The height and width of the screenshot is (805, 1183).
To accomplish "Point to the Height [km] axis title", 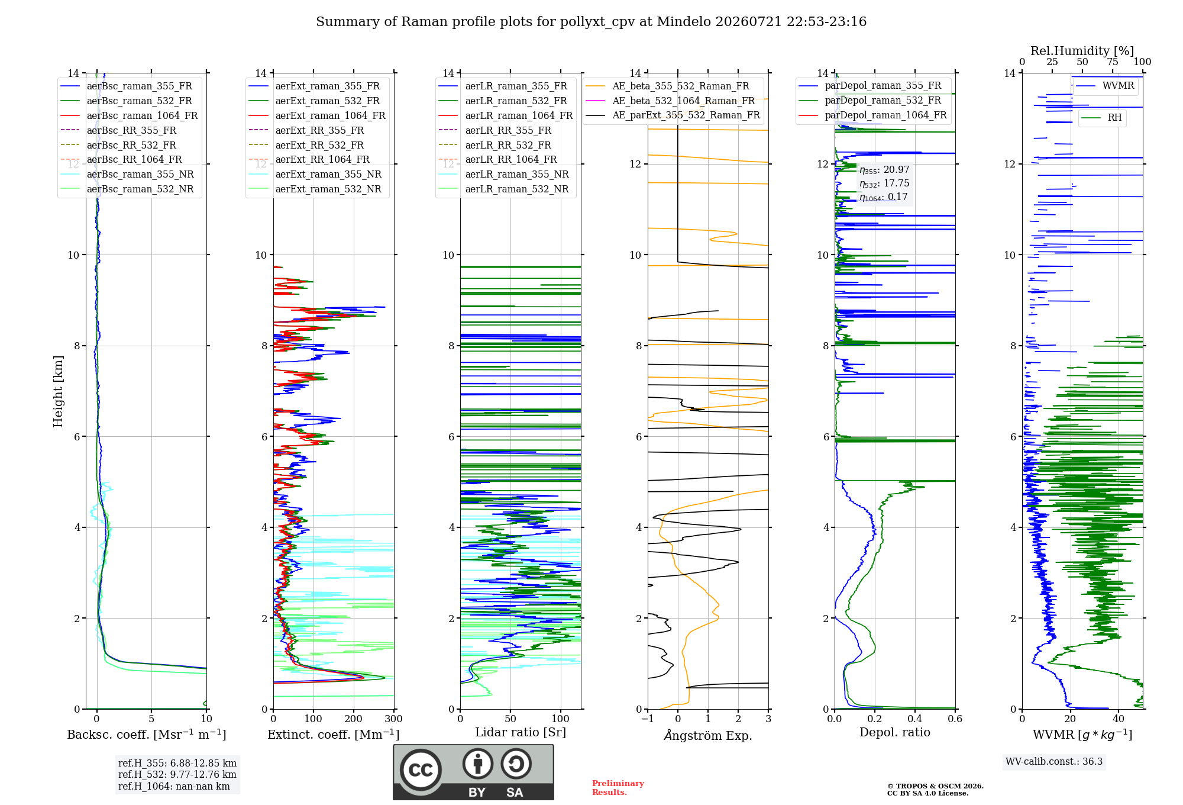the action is coord(58,391).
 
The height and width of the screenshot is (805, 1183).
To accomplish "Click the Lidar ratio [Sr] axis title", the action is coord(521,732).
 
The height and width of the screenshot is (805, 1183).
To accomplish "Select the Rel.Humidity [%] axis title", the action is coord(1082,51).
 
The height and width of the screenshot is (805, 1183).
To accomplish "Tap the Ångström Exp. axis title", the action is coord(708,735).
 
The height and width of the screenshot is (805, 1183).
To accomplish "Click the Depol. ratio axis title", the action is coord(894,732).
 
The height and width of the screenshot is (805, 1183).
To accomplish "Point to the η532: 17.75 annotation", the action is coord(884,183).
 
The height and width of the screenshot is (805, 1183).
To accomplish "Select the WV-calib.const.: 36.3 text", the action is coord(1054,761).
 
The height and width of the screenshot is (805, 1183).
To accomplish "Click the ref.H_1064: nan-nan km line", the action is coord(174,786).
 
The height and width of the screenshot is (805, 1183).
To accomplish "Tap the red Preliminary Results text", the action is coord(618,788).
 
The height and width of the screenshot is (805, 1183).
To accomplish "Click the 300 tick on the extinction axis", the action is coord(393,719).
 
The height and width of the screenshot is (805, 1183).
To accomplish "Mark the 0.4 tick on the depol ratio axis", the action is coord(915,719).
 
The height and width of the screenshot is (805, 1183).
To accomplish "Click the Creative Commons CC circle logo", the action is coord(421,769).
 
